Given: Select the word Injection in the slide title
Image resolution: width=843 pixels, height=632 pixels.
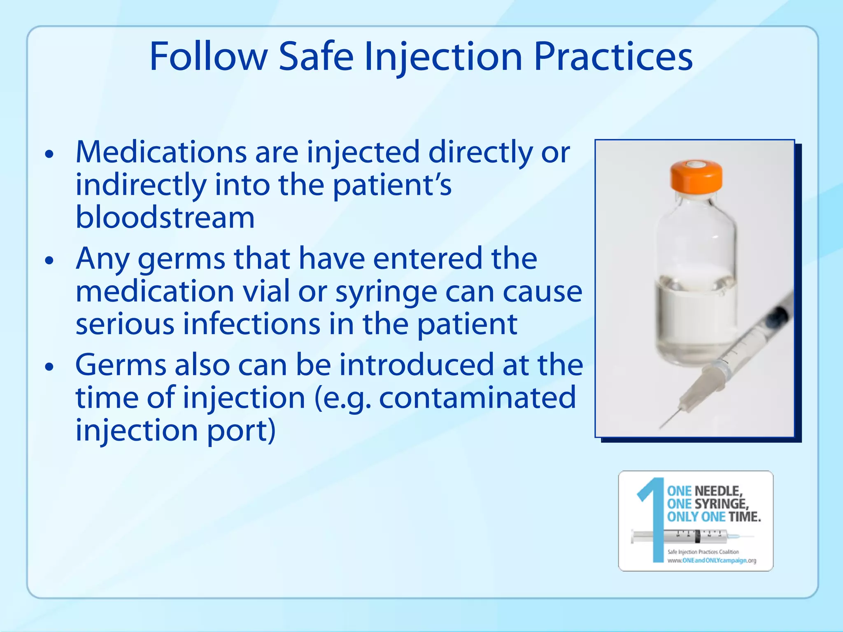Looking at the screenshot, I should click(443, 58).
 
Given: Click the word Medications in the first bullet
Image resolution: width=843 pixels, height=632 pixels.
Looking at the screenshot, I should click(161, 152).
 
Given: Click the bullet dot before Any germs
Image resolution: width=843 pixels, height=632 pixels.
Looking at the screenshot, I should click(49, 260).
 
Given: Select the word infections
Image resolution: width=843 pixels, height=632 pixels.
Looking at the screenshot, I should click(252, 324).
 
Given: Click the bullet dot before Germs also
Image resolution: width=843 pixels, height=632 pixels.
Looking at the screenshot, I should click(49, 367).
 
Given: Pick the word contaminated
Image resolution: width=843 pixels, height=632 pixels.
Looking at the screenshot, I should click(477, 398).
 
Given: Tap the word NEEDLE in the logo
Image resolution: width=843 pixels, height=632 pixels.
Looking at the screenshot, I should click(718, 491).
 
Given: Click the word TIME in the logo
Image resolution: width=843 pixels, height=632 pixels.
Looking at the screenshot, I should click(745, 517).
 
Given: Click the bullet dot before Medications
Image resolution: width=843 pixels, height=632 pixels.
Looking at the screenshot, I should click(49, 154).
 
